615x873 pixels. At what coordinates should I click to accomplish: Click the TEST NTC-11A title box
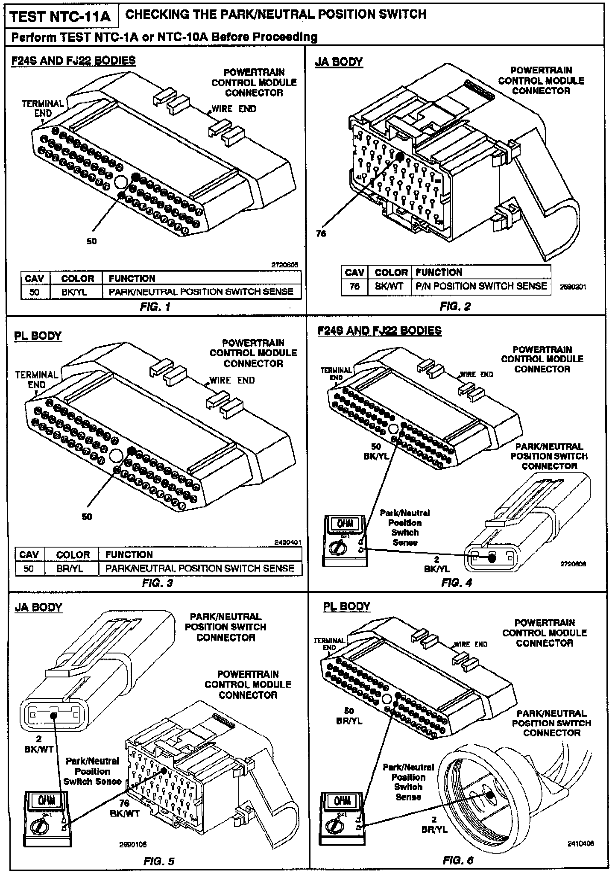60,16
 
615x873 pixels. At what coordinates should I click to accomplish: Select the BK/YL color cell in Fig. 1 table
77,292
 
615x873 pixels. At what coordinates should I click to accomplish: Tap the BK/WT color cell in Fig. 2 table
389,286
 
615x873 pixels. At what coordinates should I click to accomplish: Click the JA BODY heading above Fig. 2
339,62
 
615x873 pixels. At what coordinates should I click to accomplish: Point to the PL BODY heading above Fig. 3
38,336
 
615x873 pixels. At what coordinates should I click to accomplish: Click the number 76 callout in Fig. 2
320,233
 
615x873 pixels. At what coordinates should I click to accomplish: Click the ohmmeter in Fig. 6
343,818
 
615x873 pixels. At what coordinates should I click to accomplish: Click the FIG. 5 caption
159,861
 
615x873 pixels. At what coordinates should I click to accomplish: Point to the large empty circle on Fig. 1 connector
121,182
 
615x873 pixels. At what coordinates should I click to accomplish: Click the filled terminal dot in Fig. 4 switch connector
492,557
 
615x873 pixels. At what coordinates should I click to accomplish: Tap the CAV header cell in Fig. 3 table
29,554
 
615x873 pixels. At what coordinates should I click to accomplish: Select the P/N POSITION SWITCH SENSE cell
481,286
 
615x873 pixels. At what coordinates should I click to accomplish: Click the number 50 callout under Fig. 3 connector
87,517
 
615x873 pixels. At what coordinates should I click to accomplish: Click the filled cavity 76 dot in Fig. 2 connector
400,156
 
